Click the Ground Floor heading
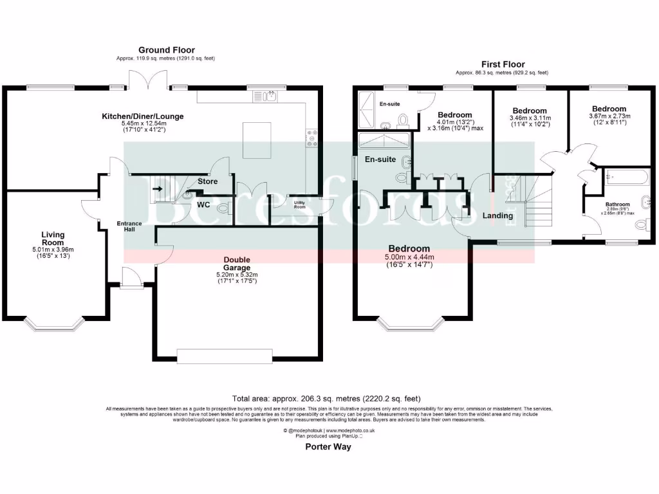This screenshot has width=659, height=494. pos(166,50)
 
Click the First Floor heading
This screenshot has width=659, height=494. pos(503,64)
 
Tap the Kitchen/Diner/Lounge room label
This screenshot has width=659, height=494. pos(143,116)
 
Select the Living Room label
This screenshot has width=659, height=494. pos(53,239)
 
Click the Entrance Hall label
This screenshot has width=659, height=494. pos(129,226)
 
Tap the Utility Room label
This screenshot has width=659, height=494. pos(300,205)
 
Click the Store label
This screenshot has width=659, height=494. pos(207,181)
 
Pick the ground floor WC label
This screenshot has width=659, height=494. pos(203,205)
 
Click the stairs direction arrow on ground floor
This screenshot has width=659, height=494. pos(158,189)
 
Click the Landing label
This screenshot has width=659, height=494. pos(498,216)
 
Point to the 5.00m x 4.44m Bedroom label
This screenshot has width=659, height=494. pos(409,249)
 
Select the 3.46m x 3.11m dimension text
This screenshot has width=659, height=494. pos(528,118)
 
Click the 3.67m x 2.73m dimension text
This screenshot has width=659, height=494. pos(609,116)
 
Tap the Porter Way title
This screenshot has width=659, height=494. pos(328,447)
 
